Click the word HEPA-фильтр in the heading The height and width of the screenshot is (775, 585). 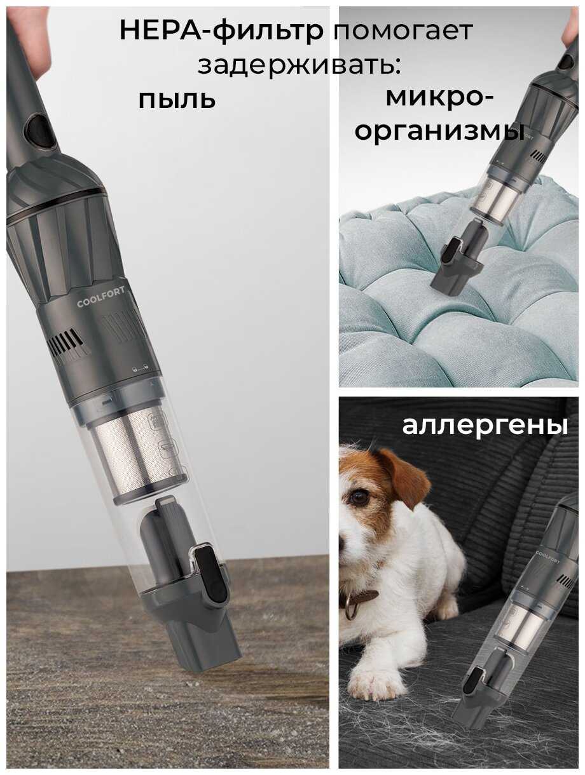click(x=221, y=31)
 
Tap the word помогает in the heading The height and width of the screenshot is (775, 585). click(x=403, y=31)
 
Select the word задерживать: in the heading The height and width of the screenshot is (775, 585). click(x=299, y=65)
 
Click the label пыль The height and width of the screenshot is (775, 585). click(x=177, y=100)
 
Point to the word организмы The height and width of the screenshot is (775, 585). click(x=439, y=131)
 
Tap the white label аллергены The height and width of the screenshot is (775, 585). click(x=485, y=426)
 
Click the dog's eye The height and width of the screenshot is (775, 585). click(x=358, y=497)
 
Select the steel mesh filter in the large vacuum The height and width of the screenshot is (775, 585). click(x=136, y=454)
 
